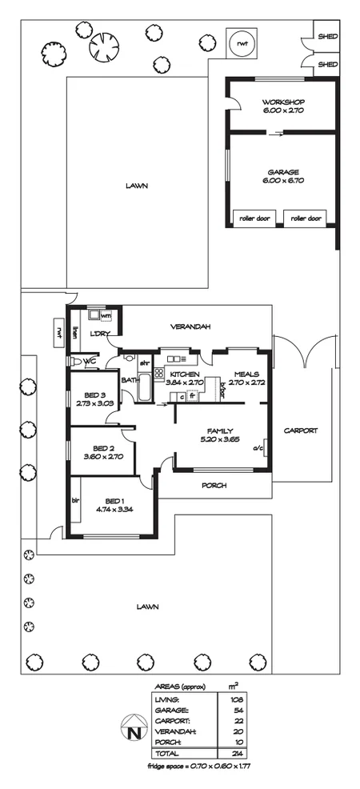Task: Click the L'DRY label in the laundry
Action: (x=99, y=334)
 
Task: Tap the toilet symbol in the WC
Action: (x=77, y=362)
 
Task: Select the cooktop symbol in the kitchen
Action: (x=158, y=373)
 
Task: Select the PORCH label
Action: (x=214, y=485)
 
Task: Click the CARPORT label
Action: (x=302, y=431)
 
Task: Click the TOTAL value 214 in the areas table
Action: (x=235, y=754)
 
